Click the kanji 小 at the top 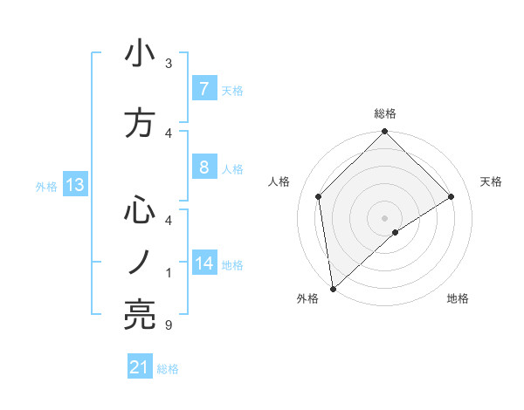pos(140,54)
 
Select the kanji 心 pos(140,212)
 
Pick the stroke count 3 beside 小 pos(169,64)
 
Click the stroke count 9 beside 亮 pos(168,325)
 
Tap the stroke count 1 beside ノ pos(168,273)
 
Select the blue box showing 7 pos(203,89)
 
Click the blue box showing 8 pos(203,167)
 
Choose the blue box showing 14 pos(204,263)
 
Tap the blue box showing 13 pos(74,185)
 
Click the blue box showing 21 pos(140,368)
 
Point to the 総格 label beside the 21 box pos(168,369)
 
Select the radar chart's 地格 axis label pos(458,299)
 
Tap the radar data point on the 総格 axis pos(384,133)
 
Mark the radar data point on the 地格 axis pos(396,232)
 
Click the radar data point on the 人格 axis pos(319,196)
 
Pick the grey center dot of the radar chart pos(384,217)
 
